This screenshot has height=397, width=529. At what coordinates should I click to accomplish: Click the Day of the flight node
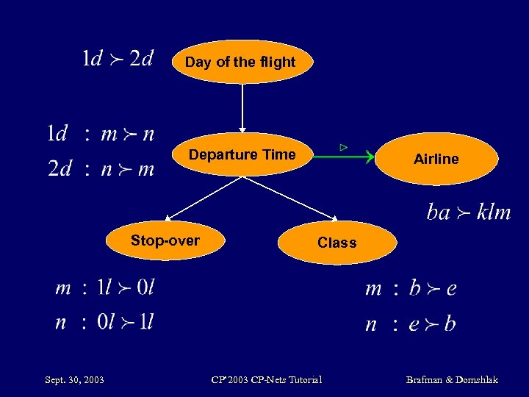coord(240,62)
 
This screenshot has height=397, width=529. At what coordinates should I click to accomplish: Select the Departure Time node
coord(242,154)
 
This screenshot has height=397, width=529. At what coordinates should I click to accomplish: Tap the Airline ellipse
coord(436,159)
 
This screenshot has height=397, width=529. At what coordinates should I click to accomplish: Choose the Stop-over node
coord(165,240)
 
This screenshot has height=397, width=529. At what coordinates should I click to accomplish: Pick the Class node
coord(337,243)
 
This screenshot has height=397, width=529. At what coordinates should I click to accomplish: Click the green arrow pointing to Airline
coord(345,156)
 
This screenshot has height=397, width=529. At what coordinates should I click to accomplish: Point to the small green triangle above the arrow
coord(343,148)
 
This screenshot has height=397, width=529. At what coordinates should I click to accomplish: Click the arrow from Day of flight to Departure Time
coord(241,107)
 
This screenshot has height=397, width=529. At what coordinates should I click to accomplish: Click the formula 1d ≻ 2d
coord(118,59)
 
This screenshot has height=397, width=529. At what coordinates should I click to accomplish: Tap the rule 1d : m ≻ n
coord(101,134)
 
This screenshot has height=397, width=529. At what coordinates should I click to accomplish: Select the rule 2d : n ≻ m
coord(101,169)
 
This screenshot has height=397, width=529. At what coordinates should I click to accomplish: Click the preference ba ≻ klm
coord(468,212)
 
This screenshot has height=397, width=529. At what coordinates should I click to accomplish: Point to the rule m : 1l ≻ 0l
coord(105,287)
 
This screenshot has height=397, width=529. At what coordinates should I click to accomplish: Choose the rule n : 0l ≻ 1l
coord(105,322)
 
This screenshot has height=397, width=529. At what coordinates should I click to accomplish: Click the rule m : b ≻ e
coord(411,288)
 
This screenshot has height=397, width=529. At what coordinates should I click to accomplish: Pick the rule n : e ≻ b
coord(411,323)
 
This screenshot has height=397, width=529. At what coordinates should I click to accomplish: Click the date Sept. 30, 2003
coord(74,380)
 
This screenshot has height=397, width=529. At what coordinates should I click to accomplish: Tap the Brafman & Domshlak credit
coord(452,380)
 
